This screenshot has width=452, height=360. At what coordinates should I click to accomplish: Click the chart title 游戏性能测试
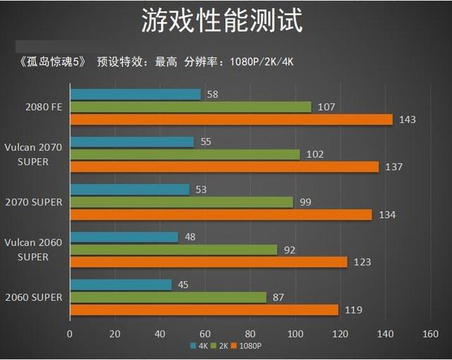(x=222, y=20)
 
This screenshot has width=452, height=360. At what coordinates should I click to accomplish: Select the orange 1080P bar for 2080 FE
(x=231, y=119)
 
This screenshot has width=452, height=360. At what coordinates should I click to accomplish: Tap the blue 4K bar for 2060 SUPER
(x=121, y=284)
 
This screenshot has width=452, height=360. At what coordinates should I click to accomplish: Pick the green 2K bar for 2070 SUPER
(x=182, y=202)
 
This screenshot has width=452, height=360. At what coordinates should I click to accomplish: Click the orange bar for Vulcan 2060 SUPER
(x=208, y=262)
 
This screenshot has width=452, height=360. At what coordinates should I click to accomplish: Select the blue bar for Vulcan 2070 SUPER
(x=132, y=142)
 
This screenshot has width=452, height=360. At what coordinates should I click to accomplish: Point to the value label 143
(x=408, y=120)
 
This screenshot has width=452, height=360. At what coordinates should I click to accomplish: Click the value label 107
(x=326, y=107)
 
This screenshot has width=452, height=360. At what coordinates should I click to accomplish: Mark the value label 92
(x=290, y=250)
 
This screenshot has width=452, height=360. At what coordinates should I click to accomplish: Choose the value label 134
(x=386, y=215)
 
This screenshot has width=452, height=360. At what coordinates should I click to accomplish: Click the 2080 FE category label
(x=44, y=107)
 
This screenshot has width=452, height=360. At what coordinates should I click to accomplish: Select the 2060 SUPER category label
(x=34, y=297)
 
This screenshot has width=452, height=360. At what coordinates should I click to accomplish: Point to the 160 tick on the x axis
(x=430, y=333)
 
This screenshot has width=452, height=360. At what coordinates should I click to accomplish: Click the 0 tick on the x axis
(x=69, y=333)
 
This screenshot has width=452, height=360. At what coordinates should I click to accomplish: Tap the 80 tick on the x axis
(x=249, y=333)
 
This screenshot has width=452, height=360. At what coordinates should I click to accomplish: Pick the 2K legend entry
(x=222, y=347)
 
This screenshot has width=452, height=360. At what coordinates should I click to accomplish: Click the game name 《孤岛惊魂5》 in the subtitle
(x=52, y=61)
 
